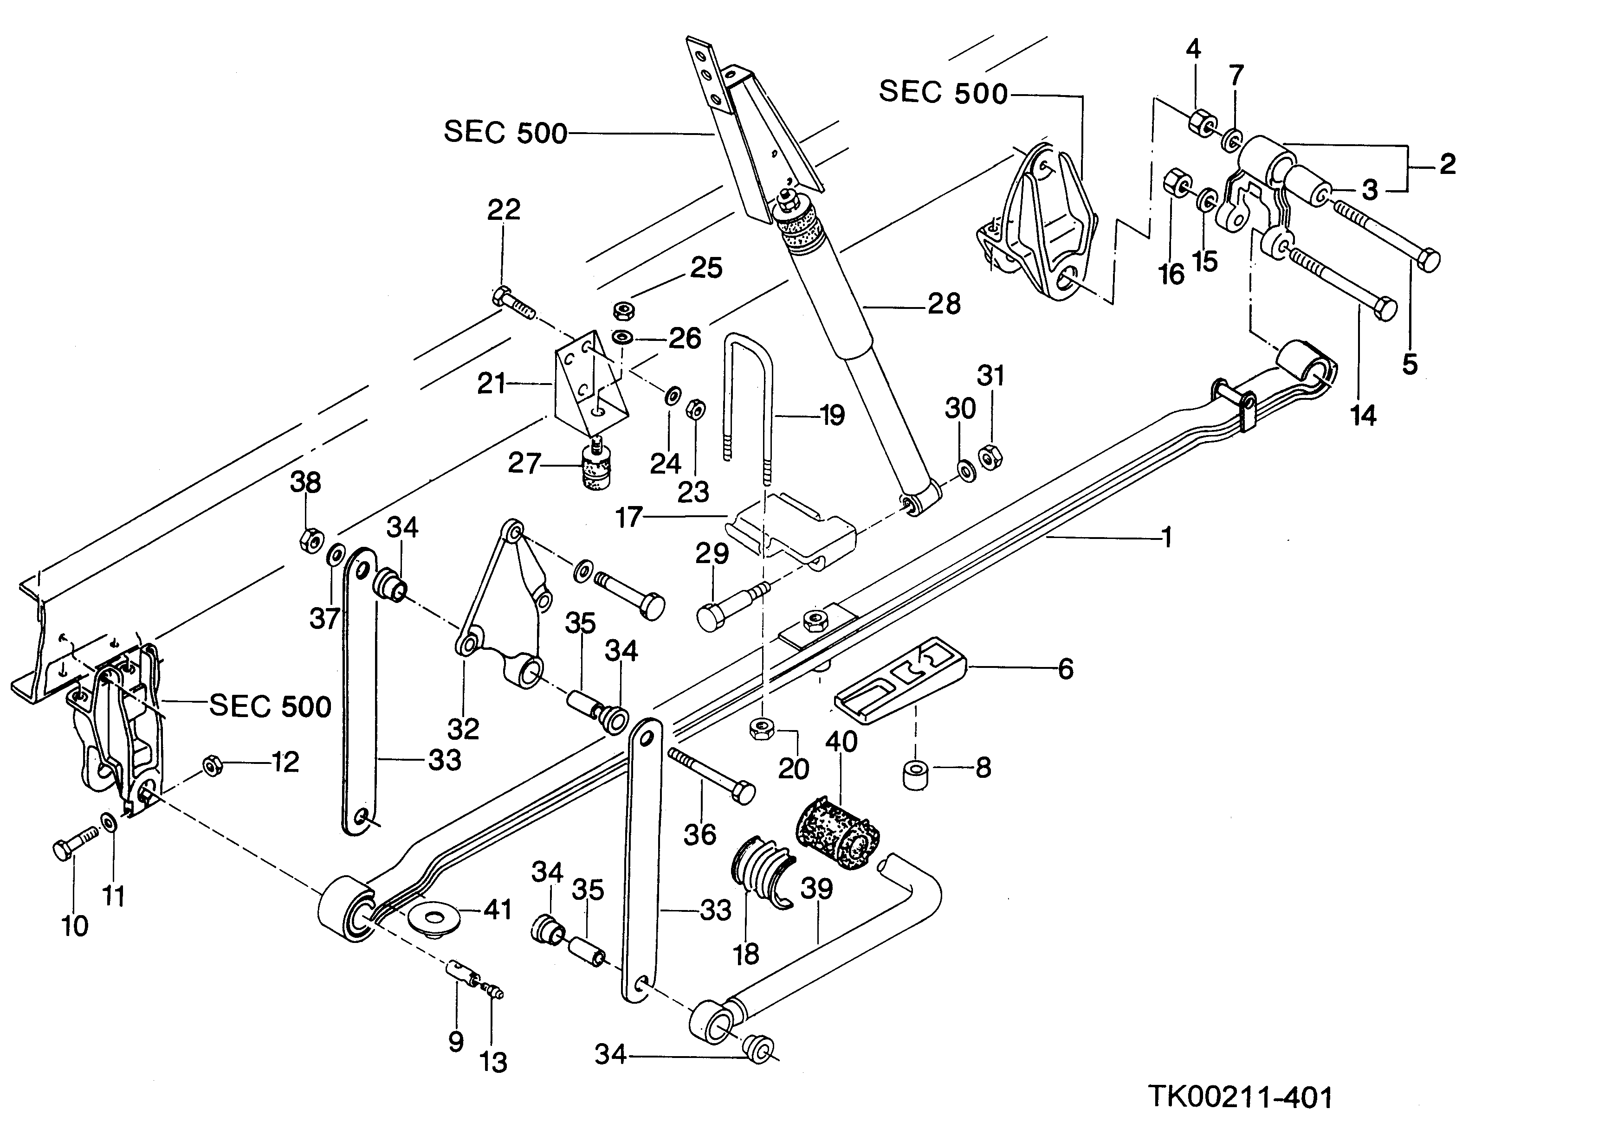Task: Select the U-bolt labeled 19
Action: point(749,393)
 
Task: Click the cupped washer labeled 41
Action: point(433,917)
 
